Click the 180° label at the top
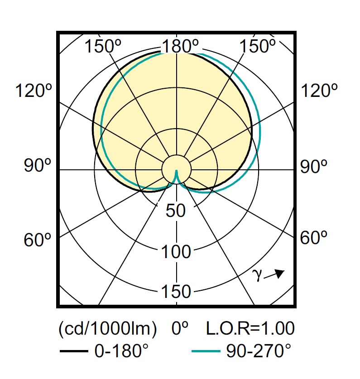coord(180,46)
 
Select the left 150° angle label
coord(102,46)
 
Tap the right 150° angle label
coord(257,46)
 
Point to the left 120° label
coord(34,91)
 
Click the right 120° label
coord(319,91)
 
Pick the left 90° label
coord(38,165)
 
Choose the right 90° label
coord(313,166)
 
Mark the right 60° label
coord(313,237)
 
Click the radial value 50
coord(176,210)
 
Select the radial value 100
coord(176,252)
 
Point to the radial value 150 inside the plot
coord(176,291)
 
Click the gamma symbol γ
coord(257,275)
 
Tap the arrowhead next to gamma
coord(280,273)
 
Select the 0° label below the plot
coord(180,328)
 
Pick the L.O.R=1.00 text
coord(250,328)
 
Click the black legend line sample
coord(74,351)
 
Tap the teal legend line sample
coord(206,351)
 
